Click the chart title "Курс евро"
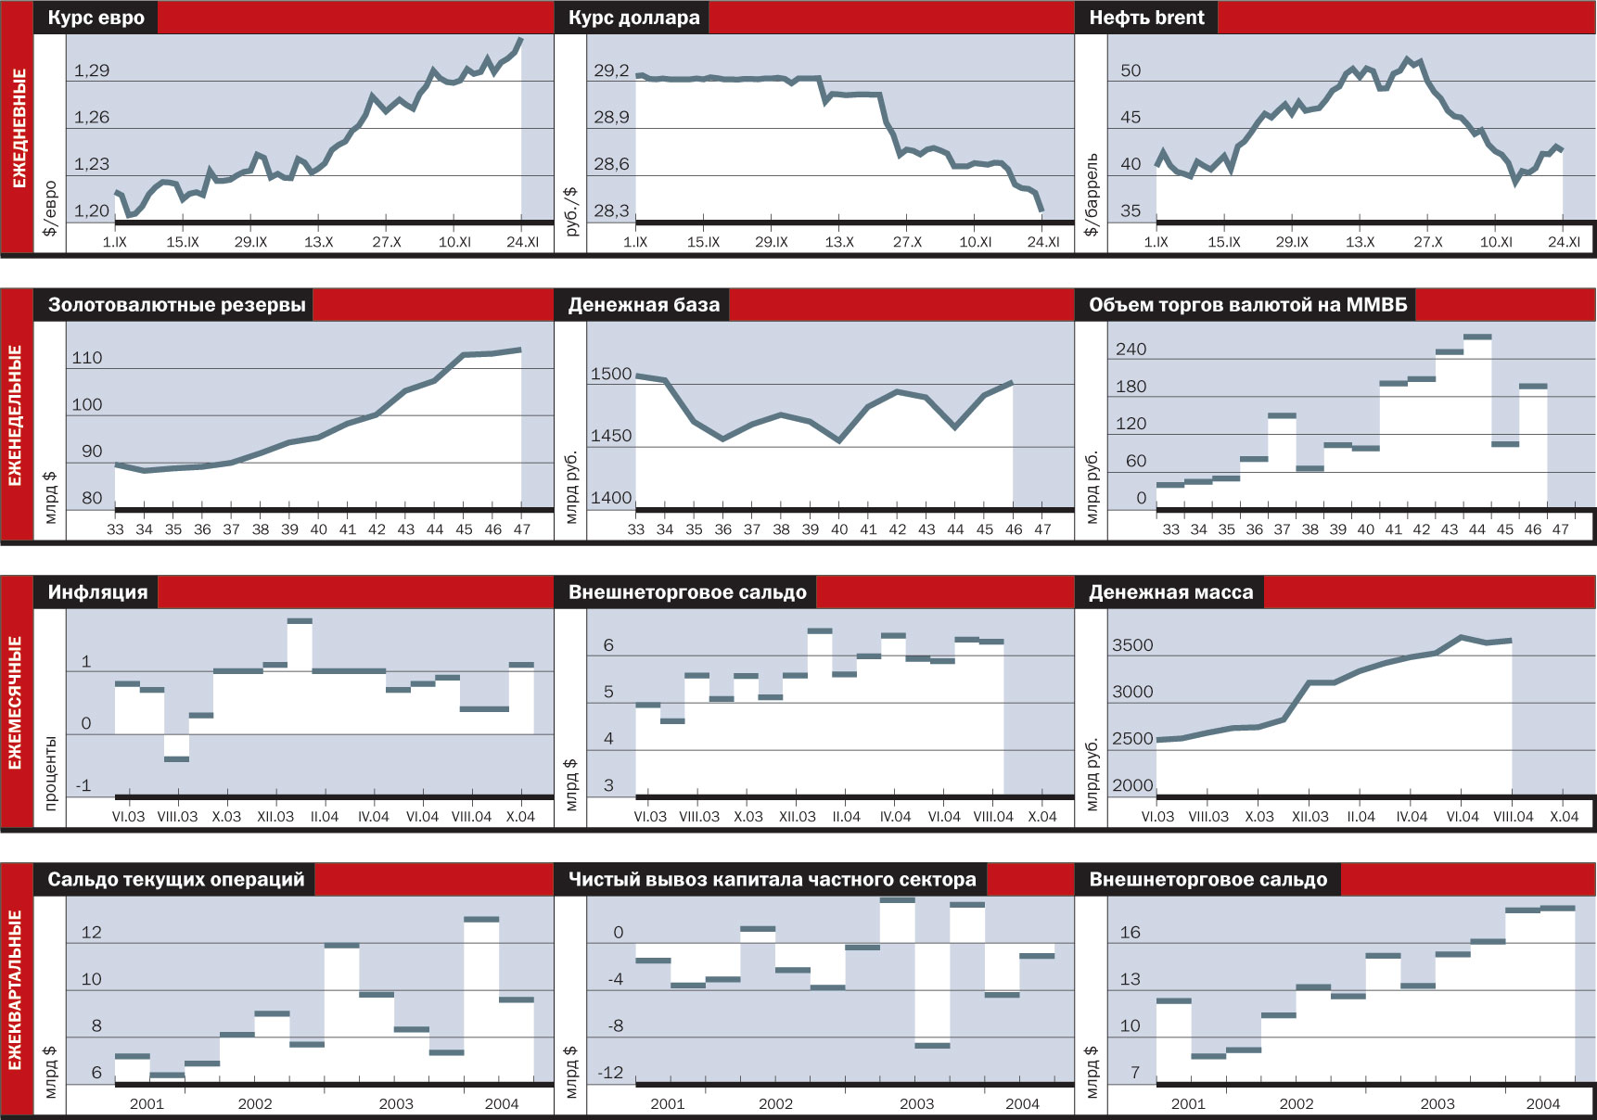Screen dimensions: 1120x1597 click(96, 18)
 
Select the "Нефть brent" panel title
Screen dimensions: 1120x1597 click(1146, 18)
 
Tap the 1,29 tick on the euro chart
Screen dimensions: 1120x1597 click(92, 70)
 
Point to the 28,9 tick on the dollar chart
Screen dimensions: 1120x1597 click(611, 117)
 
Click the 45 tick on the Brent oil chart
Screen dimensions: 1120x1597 click(1131, 117)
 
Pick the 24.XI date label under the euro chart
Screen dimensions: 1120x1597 click(522, 242)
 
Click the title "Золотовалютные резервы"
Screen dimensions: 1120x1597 click(176, 305)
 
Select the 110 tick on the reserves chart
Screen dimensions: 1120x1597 click(87, 358)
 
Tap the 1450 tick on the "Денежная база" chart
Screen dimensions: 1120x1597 click(611, 436)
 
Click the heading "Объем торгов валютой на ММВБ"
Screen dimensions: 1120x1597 click(1247, 305)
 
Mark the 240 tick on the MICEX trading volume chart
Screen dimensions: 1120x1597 click(1131, 350)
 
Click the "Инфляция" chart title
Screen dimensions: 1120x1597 click(97, 592)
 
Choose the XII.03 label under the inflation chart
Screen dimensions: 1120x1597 click(275, 817)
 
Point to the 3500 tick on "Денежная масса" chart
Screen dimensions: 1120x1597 click(1132, 645)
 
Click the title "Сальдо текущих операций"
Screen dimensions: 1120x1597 click(175, 880)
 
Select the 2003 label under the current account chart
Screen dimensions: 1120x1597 click(396, 1103)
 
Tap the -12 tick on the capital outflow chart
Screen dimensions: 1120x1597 click(610, 1073)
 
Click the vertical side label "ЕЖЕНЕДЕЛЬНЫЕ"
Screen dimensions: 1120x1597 click(16, 415)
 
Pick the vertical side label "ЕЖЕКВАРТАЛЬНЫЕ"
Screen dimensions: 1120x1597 click(16, 989)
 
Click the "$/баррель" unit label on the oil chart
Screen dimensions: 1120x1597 click(1092, 195)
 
